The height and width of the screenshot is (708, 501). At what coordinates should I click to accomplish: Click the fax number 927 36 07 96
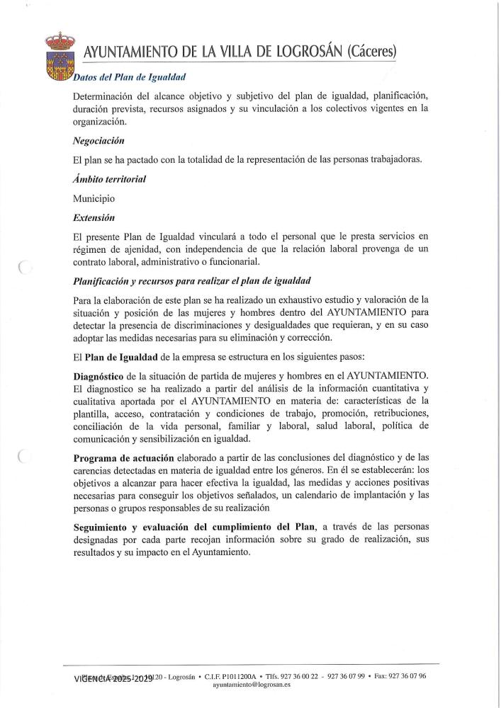[x=402, y=676]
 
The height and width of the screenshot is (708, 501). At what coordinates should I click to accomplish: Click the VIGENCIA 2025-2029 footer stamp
[x=114, y=678]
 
